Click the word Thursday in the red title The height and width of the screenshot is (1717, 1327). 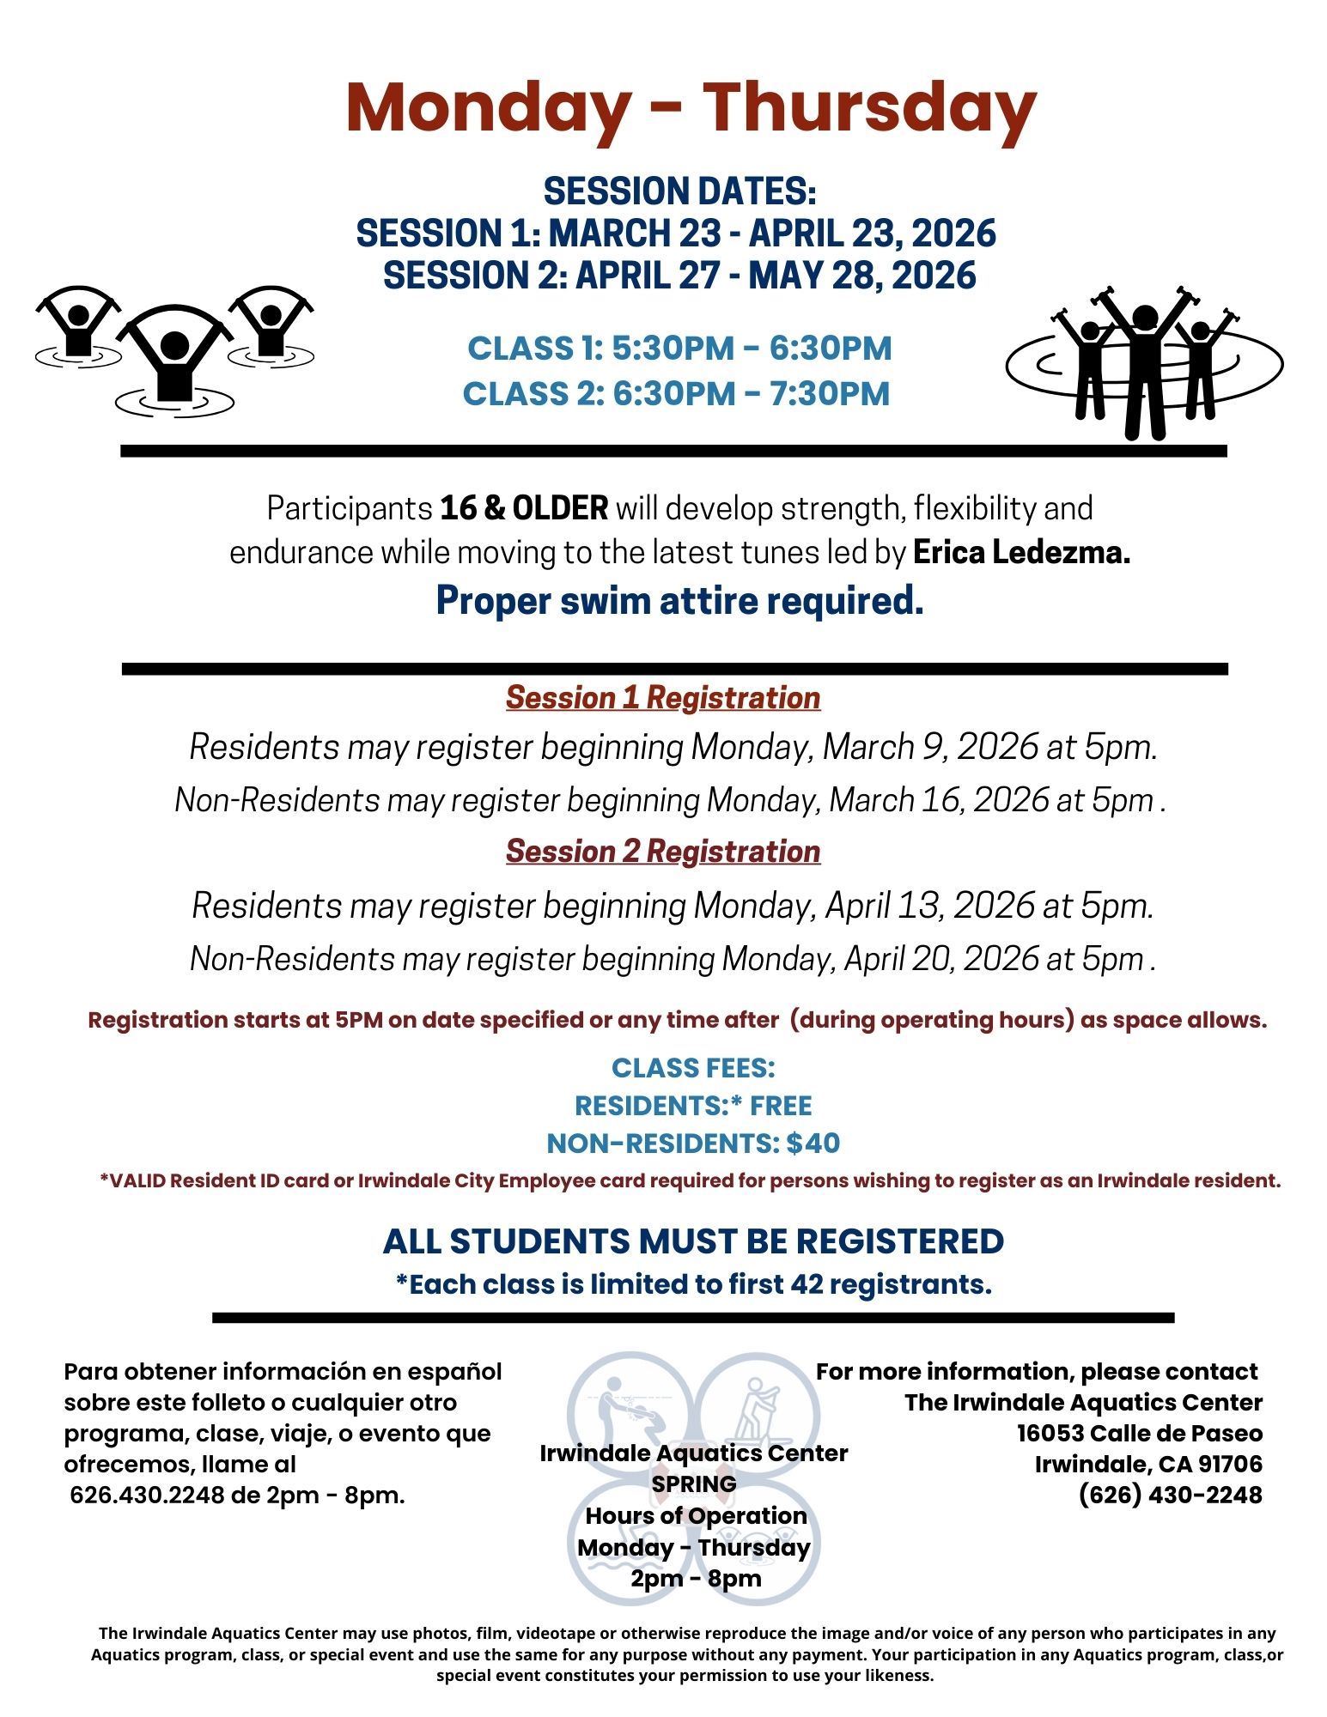coord(869,107)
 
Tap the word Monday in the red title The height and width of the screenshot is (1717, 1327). coord(486,107)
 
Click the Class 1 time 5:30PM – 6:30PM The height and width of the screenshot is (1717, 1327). coord(752,349)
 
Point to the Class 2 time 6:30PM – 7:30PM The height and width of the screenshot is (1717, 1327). coord(750,393)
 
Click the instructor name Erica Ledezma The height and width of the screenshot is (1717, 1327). coord(1020,553)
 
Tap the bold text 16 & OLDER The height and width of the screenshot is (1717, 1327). coord(524,508)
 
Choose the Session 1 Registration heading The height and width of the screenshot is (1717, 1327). coord(662,697)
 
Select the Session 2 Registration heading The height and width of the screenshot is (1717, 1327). coord(662,851)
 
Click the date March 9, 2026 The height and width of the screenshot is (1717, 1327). coord(930,747)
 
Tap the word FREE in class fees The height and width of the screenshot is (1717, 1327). coord(781,1105)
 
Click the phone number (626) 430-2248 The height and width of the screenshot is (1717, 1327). coord(1170,1495)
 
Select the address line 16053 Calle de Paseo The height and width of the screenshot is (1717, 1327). coord(1139,1433)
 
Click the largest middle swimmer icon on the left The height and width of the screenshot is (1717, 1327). coord(174,361)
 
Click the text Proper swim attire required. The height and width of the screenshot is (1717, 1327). coord(679,601)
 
